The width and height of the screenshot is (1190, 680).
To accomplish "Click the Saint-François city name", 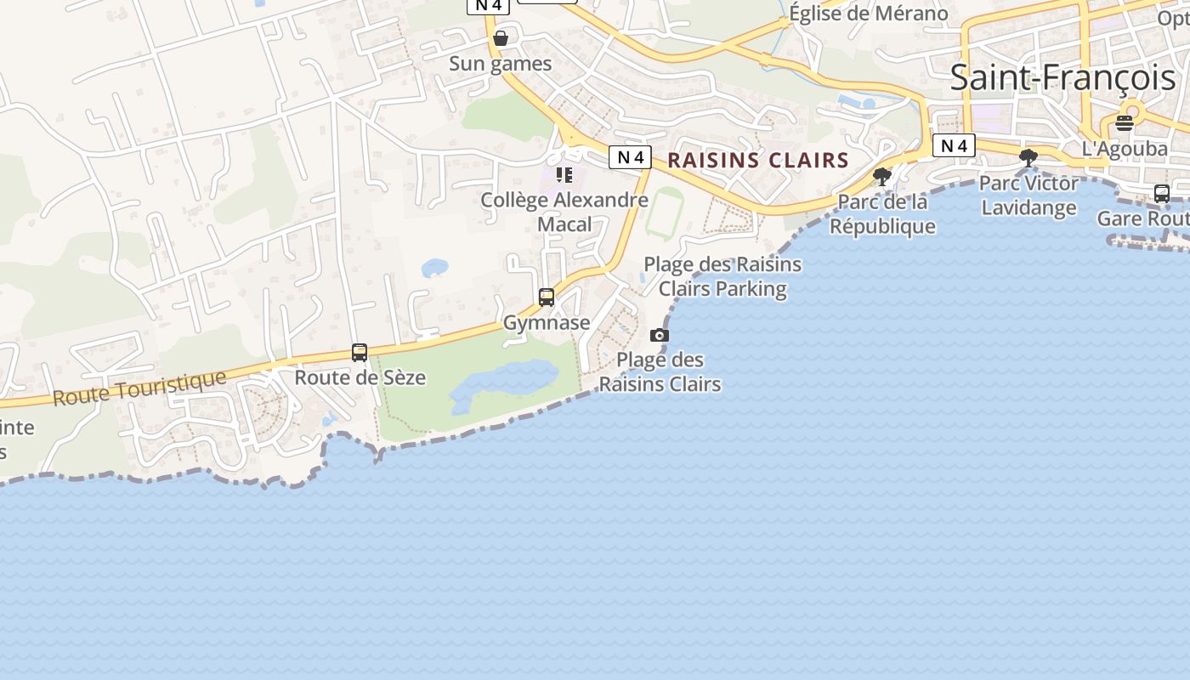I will (x=1062, y=78).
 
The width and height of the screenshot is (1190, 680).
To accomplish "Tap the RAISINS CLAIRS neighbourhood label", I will (x=758, y=160).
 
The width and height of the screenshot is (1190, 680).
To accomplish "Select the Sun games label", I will (x=500, y=64).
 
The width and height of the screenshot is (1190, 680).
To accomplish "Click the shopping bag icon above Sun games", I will (x=501, y=38).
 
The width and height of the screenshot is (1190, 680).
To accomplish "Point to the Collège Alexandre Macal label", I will (x=564, y=212).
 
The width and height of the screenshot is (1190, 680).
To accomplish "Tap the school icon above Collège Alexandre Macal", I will (x=564, y=175).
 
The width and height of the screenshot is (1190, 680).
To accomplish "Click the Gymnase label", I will (x=547, y=323).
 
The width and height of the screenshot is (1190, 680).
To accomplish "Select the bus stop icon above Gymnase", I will (x=547, y=297).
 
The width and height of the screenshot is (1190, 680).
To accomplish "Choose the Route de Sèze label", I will (x=360, y=377).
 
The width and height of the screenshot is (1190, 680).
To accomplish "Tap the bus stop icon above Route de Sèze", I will (x=360, y=353).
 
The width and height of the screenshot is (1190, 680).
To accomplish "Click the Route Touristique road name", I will (x=140, y=388).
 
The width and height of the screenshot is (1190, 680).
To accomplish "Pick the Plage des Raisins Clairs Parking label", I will (x=722, y=276).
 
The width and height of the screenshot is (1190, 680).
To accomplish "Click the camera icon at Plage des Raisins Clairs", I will (x=660, y=336).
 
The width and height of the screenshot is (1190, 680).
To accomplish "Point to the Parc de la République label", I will (x=882, y=214).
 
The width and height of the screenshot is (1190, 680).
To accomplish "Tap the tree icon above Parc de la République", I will (x=882, y=177).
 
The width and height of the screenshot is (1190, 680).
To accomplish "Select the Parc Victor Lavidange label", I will (x=1028, y=195).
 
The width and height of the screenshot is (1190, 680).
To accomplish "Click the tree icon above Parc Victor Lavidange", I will (x=1028, y=157).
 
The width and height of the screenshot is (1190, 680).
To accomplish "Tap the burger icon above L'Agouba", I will (x=1125, y=123).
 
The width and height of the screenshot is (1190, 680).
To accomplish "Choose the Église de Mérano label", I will (x=868, y=14).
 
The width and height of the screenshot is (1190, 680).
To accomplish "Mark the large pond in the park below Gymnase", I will (x=507, y=381).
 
